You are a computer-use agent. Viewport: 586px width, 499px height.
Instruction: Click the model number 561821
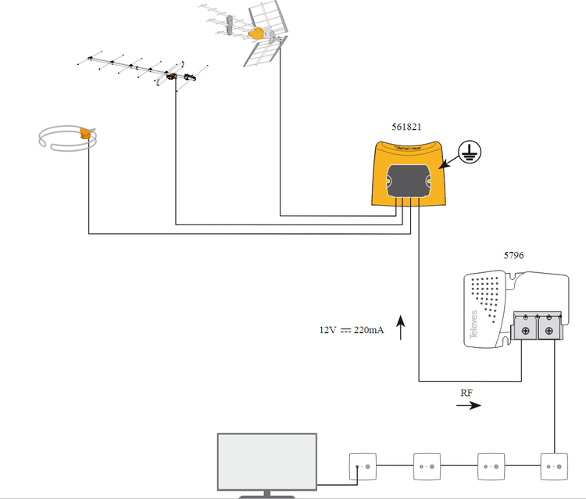(x=406, y=127)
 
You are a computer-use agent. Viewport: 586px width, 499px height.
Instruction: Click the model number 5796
(x=513, y=256)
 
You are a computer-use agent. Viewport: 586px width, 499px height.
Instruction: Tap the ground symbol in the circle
(x=470, y=152)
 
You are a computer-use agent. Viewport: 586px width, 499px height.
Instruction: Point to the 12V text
(x=327, y=330)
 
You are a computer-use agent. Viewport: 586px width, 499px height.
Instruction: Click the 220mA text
(x=369, y=330)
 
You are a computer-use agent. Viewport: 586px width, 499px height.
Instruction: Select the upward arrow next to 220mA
(x=401, y=327)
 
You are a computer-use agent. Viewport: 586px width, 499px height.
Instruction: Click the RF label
(x=466, y=393)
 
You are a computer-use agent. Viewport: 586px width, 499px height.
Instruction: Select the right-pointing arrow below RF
(x=469, y=405)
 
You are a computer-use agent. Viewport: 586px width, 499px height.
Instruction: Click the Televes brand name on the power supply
(x=473, y=325)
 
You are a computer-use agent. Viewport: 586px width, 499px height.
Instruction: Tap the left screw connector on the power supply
(x=526, y=331)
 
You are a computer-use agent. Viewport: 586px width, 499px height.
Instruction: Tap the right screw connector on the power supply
(x=549, y=331)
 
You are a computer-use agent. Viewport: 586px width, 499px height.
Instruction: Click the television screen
(x=267, y=461)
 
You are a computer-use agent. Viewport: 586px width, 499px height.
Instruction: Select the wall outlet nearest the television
(x=363, y=466)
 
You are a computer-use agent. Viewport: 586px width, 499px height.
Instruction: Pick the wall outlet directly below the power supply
(x=554, y=466)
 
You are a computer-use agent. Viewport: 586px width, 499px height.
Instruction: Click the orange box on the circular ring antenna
(x=85, y=133)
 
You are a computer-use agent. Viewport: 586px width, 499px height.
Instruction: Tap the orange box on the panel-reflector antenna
(x=256, y=34)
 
